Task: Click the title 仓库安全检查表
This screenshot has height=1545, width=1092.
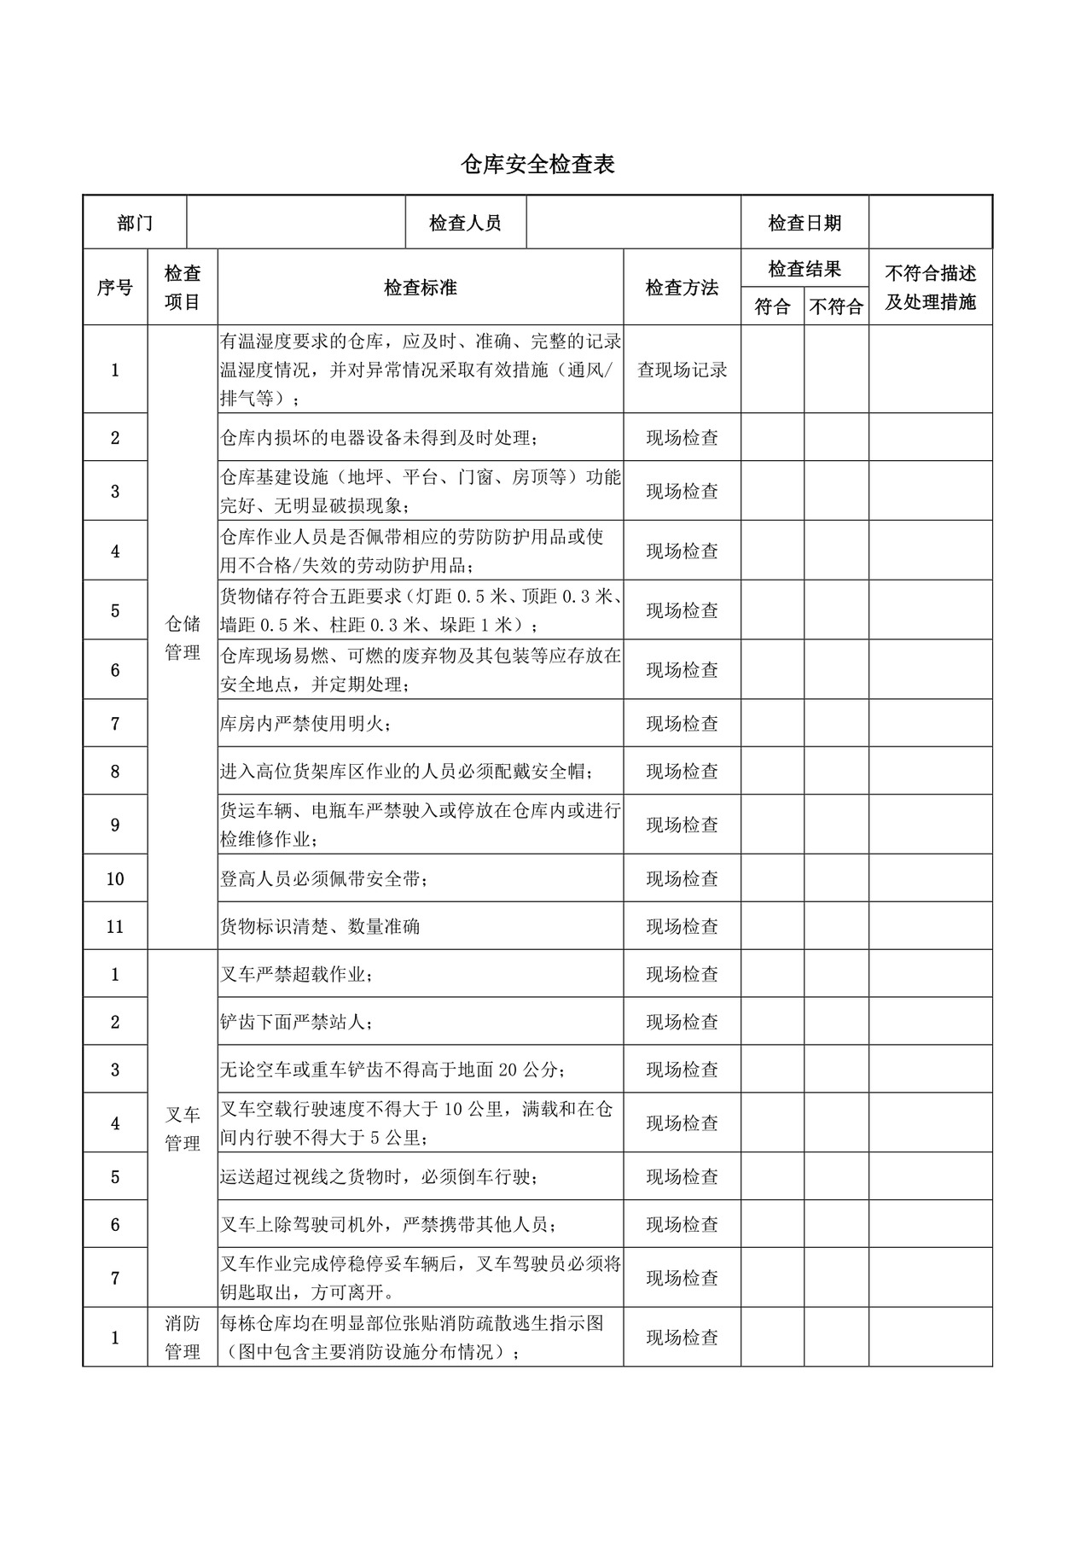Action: (x=537, y=165)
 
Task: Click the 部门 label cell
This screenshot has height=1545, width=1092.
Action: (x=135, y=224)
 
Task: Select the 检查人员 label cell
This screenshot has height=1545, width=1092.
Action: (x=465, y=224)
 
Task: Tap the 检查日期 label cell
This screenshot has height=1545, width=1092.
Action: (x=804, y=224)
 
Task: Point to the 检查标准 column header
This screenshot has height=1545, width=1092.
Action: (x=420, y=288)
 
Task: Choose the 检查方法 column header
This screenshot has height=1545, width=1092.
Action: (x=682, y=288)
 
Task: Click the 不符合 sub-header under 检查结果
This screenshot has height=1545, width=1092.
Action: (x=836, y=306)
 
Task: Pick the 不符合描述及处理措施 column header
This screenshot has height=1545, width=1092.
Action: (x=930, y=288)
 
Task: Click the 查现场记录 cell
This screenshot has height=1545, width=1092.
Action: (x=682, y=370)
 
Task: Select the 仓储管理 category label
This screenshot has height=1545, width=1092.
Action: (x=183, y=638)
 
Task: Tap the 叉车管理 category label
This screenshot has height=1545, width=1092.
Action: (x=183, y=1128)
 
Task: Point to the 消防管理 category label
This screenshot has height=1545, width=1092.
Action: (x=183, y=1338)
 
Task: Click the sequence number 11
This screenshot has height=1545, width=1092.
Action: (x=115, y=926)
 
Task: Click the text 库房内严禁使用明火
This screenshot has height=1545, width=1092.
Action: (x=306, y=724)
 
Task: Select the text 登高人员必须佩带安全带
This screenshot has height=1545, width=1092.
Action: (x=324, y=878)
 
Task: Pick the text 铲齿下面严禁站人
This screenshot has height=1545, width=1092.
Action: (x=296, y=1022)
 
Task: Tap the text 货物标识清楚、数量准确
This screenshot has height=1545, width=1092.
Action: (x=320, y=926)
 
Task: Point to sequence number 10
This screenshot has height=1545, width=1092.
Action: (x=115, y=878)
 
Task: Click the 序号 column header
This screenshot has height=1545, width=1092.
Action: (x=115, y=288)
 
